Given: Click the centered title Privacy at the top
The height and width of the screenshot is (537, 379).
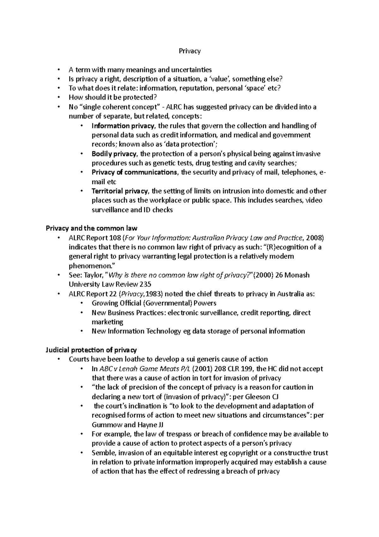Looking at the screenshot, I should click(189, 51).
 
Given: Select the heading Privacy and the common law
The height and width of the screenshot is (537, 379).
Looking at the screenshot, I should click(92, 228).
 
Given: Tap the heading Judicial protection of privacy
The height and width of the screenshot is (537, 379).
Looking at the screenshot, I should click(91, 350).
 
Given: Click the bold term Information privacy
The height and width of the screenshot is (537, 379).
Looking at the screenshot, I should click(123, 126).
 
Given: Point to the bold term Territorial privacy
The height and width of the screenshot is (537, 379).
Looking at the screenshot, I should click(120, 191).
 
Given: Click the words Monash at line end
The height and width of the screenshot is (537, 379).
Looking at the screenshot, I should click(297, 275).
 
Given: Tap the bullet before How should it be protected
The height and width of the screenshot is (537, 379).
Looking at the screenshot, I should click(59, 98).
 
